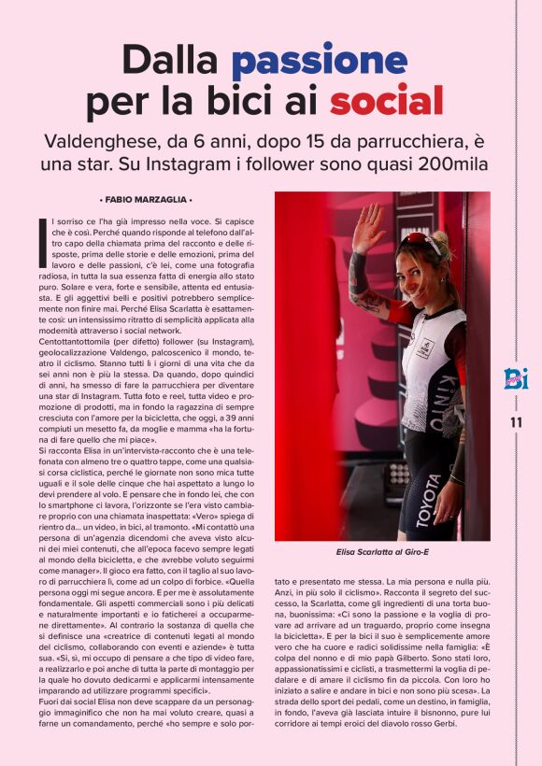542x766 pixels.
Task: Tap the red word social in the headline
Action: click(x=386, y=100)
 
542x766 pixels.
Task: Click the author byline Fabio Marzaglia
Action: click(x=145, y=200)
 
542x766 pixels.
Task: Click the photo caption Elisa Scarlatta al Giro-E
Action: click(x=381, y=552)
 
